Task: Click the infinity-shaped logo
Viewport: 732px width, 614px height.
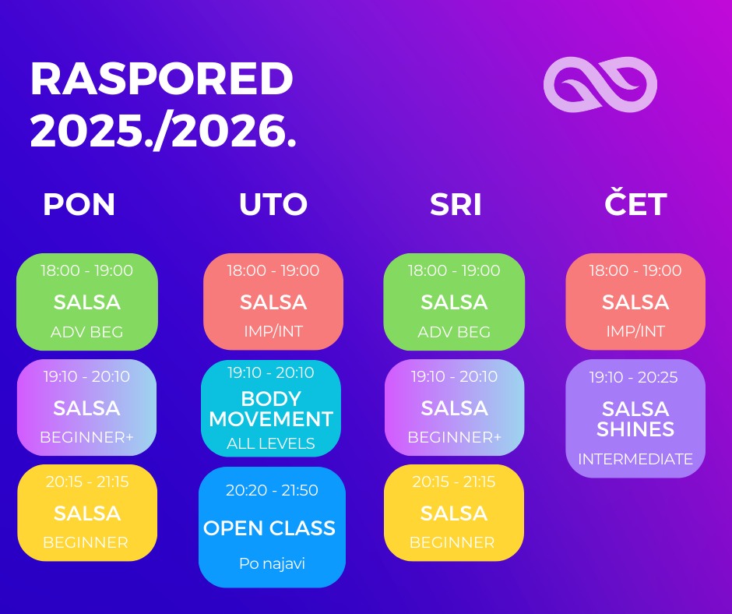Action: [x=600, y=85]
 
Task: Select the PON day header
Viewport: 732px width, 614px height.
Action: [x=79, y=204]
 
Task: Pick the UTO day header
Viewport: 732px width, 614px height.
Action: [x=273, y=204]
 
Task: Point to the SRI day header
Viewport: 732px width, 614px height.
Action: [x=456, y=204]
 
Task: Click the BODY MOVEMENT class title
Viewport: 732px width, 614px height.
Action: [x=271, y=409]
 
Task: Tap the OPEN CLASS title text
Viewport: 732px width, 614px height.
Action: [x=269, y=528]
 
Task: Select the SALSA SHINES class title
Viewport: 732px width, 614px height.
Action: [x=635, y=419]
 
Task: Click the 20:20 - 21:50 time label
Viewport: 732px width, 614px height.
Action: [x=272, y=490]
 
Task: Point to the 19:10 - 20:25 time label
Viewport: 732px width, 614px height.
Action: [x=634, y=377]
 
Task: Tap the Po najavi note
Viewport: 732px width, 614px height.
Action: [x=273, y=563]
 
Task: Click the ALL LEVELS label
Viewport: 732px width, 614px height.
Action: [x=271, y=443]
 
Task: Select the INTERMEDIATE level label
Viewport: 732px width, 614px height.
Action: [x=635, y=460]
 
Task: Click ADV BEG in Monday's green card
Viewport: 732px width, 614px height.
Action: [x=87, y=332]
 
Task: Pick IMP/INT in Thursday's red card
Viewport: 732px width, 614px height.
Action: [x=635, y=331]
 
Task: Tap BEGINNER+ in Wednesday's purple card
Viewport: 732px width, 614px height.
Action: [x=454, y=437]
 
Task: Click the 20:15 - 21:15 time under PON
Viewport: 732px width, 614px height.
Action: [x=87, y=482]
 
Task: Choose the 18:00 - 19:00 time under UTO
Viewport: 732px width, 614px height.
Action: [x=273, y=270]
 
